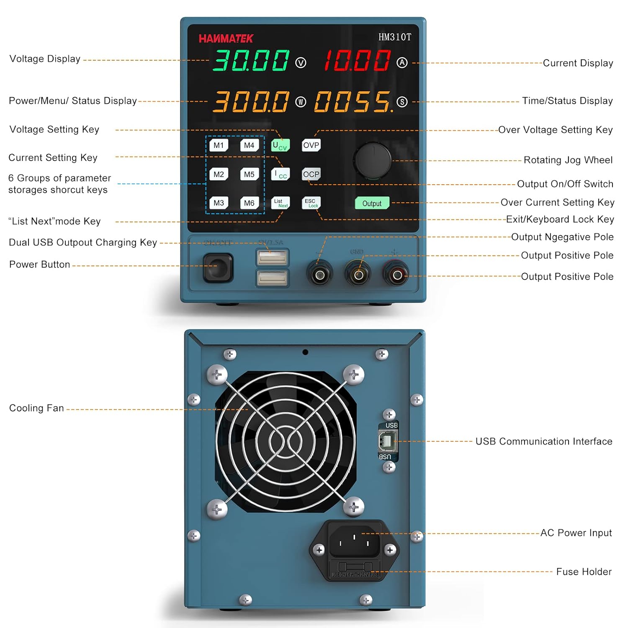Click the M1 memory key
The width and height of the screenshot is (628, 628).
(x=219, y=145)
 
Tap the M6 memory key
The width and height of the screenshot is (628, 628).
(x=249, y=203)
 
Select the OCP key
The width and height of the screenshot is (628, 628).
(x=311, y=174)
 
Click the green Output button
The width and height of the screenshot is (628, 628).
(x=372, y=203)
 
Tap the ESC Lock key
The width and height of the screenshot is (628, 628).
(x=311, y=203)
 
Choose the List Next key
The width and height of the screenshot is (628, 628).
(x=281, y=203)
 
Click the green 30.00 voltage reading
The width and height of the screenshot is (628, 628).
(x=251, y=60)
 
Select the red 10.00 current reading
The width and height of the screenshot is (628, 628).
(x=357, y=60)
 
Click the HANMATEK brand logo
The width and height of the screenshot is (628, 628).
(x=226, y=39)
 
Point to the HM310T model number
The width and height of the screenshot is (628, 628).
(x=394, y=37)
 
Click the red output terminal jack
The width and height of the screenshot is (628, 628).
(x=397, y=275)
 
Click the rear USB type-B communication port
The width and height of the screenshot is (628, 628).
(x=387, y=441)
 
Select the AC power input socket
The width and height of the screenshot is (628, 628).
(x=354, y=540)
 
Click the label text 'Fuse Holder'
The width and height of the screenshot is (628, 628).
(x=584, y=571)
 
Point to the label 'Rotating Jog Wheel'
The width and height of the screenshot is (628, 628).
(x=568, y=160)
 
